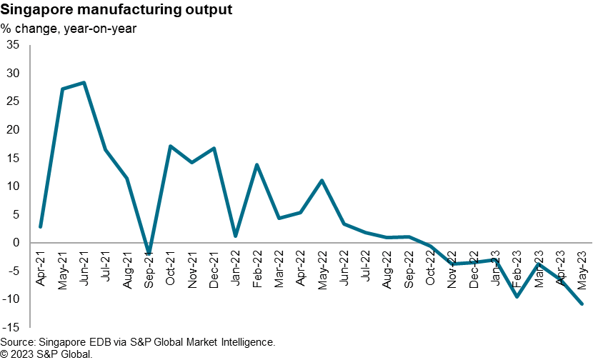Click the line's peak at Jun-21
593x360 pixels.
pos(84,83)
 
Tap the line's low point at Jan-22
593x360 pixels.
pos(235,236)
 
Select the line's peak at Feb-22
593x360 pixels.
pos(256,165)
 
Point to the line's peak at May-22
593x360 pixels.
pos(322,180)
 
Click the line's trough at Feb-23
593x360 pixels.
pos(517,296)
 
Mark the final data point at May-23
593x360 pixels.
pos(582,304)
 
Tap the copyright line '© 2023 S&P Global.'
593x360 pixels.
pos(47,354)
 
